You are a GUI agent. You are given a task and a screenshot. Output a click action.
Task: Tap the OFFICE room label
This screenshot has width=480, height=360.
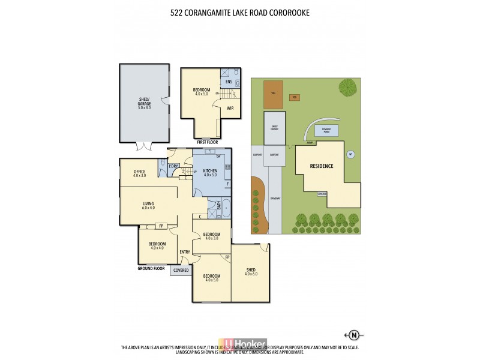[x=139, y=173]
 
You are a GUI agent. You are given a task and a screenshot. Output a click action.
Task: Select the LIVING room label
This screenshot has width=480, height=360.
[x=148, y=205]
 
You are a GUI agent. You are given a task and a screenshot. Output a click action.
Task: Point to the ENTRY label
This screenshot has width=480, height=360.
[x=185, y=252]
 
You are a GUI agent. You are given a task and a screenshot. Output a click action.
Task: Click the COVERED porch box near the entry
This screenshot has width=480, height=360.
[x=181, y=271]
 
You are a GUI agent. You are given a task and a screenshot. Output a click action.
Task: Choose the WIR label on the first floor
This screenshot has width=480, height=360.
[x=230, y=109]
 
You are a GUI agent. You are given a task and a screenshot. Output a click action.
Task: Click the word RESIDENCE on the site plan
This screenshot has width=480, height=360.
[x=321, y=166]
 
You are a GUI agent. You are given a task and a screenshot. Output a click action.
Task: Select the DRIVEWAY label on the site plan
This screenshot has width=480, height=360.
[x=275, y=198]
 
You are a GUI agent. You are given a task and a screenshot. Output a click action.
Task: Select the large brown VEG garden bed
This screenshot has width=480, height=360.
[x=273, y=94]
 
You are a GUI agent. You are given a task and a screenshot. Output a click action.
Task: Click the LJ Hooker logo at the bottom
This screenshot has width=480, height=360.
[x=250, y=344]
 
